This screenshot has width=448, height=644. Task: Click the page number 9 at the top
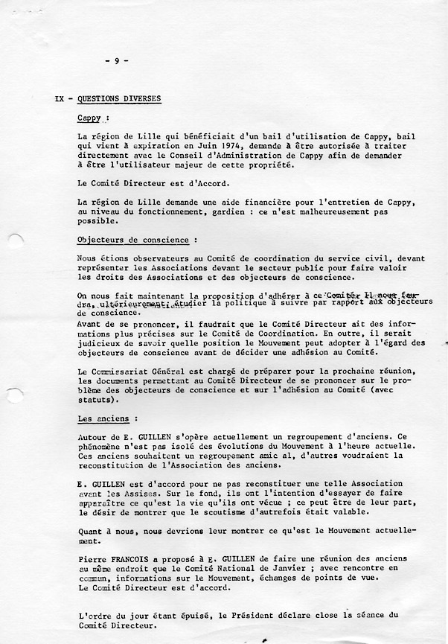click(117, 61)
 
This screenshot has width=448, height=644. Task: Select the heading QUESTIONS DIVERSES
click(118, 99)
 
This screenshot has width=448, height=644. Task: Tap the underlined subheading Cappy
click(92, 118)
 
